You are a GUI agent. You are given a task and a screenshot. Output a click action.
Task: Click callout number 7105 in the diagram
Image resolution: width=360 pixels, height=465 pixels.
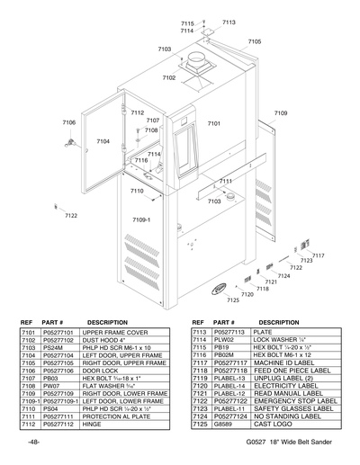[255, 41]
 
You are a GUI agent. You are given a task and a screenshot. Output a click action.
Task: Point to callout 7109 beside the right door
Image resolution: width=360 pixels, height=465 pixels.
[281, 113]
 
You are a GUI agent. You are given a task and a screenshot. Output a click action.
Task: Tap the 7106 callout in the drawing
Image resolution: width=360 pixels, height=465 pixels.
[68, 122]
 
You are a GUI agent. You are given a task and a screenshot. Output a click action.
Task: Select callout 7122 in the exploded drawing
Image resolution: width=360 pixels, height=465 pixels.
[71, 216]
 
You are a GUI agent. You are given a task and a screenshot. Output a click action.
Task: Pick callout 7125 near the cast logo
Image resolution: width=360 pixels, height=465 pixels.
[233, 300]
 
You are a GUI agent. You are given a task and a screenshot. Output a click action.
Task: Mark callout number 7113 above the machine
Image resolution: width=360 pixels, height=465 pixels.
[229, 22]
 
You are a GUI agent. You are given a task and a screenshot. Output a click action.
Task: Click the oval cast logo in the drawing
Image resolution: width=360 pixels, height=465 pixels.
[220, 289]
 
